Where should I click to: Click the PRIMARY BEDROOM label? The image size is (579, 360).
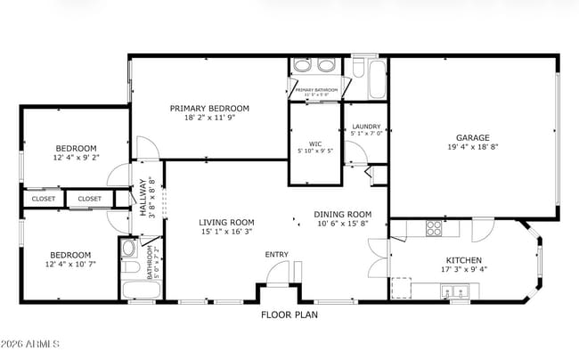pyautogui.click(x=209, y=108)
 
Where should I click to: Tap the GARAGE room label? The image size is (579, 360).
pyautogui.click(x=473, y=137)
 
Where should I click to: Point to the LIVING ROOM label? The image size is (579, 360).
pyautogui.click(x=226, y=223)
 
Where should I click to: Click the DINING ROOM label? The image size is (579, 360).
pyautogui.click(x=342, y=214)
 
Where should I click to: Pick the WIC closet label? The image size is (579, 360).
pyautogui.click(x=314, y=143)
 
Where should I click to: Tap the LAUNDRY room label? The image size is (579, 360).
pyautogui.click(x=366, y=127)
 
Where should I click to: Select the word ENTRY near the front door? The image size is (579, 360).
pyautogui.click(x=276, y=255)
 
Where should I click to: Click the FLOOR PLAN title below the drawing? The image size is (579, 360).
pyautogui.click(x=289, y=314)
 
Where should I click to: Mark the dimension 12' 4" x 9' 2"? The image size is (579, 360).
pyautogui.click(x=76, y=158)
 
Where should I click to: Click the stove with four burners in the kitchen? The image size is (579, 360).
pyautogui.click(x=434, y=227)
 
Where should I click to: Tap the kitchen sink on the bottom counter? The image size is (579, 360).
pyautogui.click(x=454, y=290)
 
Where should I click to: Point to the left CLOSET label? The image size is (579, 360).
pyautogui.click(x=43, y=199)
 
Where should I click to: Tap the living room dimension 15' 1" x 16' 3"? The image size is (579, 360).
pyautogui.click(x=226, y=233)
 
